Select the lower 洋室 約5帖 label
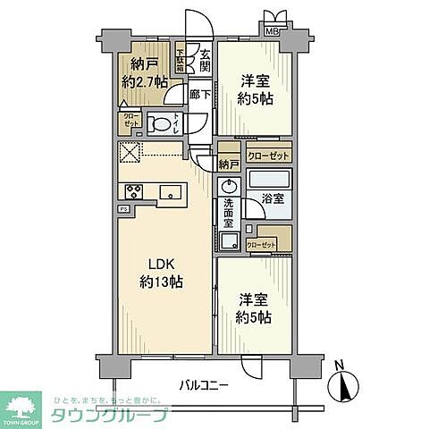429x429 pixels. point(253,309)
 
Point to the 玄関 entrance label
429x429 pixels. point(204,60)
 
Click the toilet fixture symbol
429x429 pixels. point(162,123)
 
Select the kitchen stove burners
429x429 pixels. point(135,192)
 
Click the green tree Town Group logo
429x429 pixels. point(23,405)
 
